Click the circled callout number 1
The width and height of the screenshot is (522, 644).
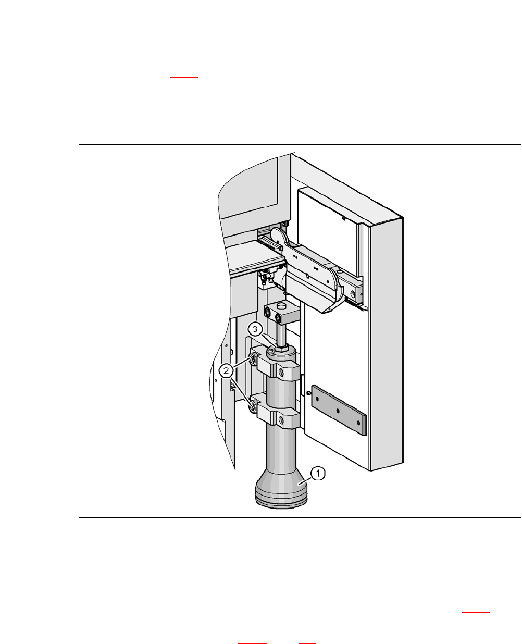coord(318,474)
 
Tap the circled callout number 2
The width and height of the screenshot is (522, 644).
coord(226,370)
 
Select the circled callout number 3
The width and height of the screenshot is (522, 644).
coord(255,329)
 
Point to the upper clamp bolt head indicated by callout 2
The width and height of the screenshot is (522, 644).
coord(252,360)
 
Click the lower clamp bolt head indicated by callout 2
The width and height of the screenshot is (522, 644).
coord(252,408)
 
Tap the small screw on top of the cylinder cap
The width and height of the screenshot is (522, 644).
coord(271,351)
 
